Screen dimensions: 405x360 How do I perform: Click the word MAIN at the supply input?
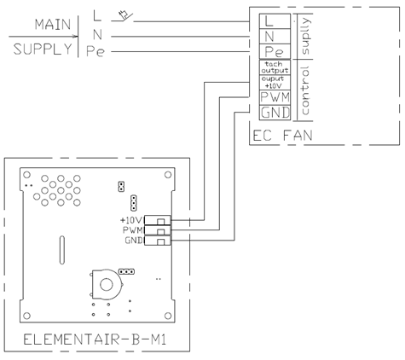point(53,25)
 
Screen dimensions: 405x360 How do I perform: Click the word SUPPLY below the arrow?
point(43,49)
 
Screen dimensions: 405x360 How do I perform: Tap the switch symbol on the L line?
point(123,16)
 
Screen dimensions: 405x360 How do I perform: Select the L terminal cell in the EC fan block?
point(275,21)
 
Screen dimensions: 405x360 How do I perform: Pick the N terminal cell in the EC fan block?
point(275,36)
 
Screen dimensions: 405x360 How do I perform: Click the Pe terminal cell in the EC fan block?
point(275,51)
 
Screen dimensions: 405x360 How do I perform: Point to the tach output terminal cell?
point(275,67)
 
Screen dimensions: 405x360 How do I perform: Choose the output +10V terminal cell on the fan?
point(275,83)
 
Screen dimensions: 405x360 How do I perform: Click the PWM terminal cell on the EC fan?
point(275,97)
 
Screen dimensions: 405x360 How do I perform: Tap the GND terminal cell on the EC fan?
point(275,113)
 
